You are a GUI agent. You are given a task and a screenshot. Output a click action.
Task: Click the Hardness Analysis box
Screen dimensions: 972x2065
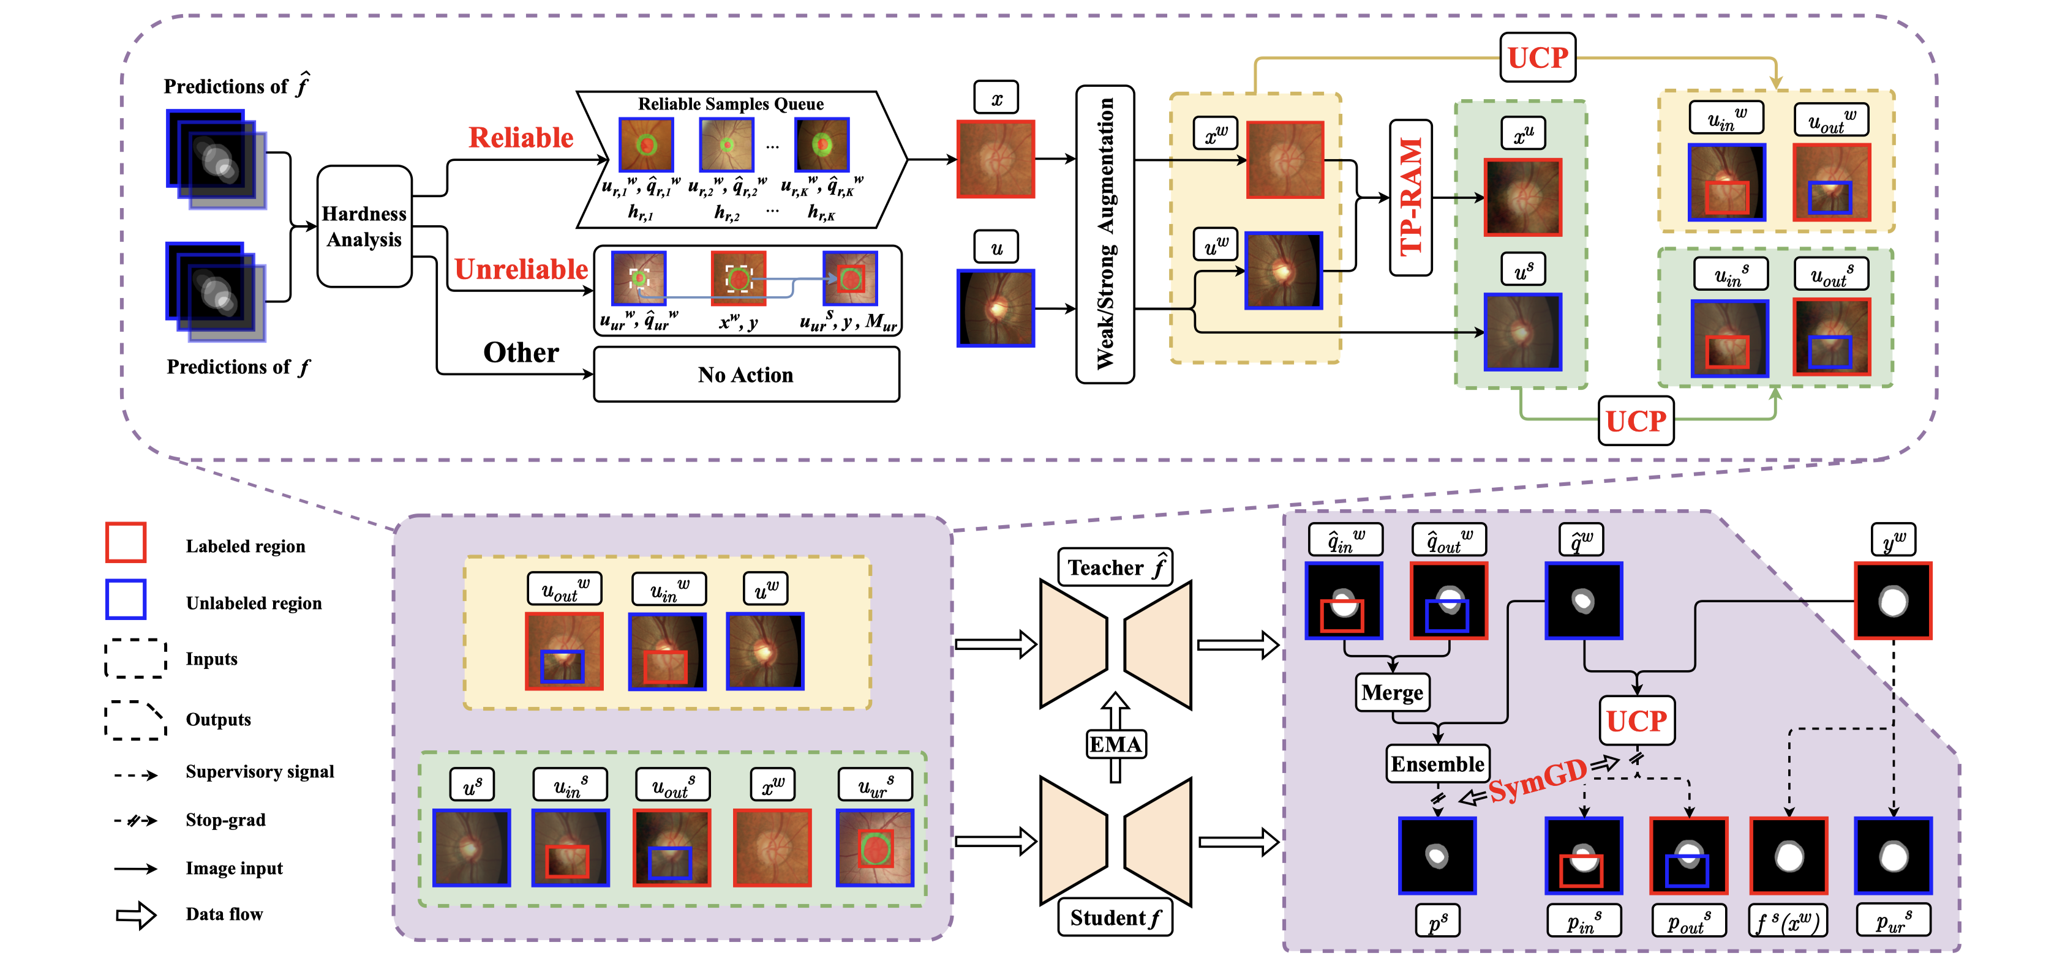coord(364,226)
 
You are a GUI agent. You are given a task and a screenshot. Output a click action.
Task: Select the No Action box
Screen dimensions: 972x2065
coord(745,374)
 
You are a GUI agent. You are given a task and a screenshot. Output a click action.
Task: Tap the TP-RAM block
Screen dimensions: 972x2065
coord(1410,197)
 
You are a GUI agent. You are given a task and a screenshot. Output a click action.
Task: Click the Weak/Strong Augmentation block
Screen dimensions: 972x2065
coord(1105,234)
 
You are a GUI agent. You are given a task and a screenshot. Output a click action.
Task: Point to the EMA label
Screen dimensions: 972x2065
coord(1115,744)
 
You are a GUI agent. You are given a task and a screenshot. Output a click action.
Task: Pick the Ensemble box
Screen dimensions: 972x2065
coord(1437,764)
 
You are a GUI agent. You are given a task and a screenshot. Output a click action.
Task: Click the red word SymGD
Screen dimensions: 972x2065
coord(1538,780)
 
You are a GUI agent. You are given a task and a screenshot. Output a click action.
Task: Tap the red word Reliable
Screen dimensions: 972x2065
coord(521,138)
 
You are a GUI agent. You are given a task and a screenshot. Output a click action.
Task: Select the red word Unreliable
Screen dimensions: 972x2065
coord(521,269)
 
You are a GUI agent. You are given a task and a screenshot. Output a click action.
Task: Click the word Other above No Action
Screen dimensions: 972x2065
coord(521,353)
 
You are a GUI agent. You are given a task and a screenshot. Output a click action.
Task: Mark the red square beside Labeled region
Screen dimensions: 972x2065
coord(126,542)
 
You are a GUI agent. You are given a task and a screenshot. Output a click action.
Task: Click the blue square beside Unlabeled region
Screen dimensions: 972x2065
coord(126,599)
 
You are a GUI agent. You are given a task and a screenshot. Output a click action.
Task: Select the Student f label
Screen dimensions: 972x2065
coord(1115,918)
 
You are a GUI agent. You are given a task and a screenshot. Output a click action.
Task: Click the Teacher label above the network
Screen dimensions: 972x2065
coord(1115,567)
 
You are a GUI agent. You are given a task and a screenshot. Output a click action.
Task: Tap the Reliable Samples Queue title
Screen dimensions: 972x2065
coord(731,103)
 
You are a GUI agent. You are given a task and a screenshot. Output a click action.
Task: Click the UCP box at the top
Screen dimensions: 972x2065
coord(1537,58)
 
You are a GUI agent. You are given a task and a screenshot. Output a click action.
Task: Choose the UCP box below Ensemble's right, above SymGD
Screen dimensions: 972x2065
coord(1636,721)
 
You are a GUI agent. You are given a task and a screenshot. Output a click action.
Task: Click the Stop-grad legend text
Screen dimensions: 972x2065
coord(225,820)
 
